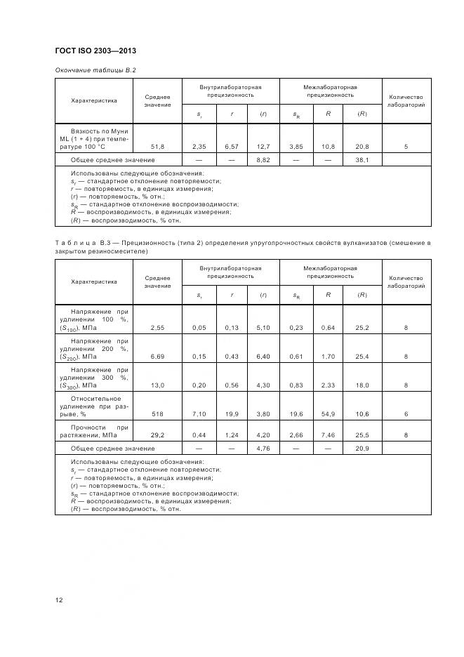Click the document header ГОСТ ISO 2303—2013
click(95, 51)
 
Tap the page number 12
click(59, 599)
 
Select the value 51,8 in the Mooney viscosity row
click(157, 146)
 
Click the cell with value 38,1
click(362, 160)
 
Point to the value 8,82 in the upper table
click(263, 160)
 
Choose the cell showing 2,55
click(157, 327)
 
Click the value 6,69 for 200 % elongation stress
click(157, 357)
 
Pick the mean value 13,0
click(157, 385)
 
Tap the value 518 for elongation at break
click(157, 414)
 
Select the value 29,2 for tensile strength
click(157, 435)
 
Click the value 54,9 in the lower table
click(328, 414)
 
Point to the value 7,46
click(328, 435)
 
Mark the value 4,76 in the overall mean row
click(263, 448)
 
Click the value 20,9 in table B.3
click(362, 448)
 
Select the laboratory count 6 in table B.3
click(406, 414)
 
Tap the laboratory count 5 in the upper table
click(406, 146)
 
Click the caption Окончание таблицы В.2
click(95, 70)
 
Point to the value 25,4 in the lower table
click(362, 357)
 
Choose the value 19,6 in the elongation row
click(297, 414)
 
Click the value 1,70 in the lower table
click(328, 357)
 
